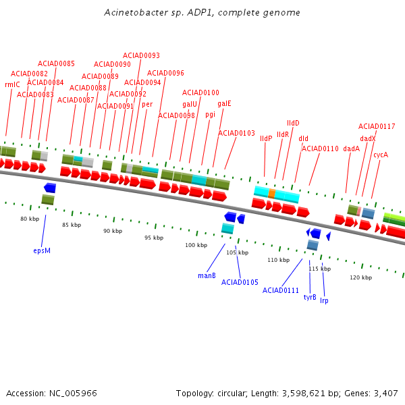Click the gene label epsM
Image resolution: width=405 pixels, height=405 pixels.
point(42,250)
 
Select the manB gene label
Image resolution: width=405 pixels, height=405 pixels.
point(207,275)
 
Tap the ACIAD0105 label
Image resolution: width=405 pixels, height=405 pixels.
point(240,282)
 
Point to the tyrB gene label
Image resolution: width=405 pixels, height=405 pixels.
point(310,297)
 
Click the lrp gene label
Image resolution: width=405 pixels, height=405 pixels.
point(325,300)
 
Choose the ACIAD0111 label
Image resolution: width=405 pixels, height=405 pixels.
point(281,290)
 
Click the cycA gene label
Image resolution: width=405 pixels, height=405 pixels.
point(381,155)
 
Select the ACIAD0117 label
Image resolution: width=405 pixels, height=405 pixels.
point(377,126)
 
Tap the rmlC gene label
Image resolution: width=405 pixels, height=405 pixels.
point(12,84)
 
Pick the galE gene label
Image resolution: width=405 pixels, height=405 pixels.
point(224,103)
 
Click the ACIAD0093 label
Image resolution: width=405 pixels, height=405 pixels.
point(141,55)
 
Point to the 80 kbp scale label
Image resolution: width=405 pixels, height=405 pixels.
point(30,219)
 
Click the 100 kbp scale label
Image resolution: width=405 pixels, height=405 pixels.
point(196,245)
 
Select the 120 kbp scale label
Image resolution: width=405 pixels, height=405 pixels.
point(360,277)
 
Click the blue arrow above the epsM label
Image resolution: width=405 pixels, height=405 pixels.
point(49,188)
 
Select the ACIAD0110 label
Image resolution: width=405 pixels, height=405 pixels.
point(320,148)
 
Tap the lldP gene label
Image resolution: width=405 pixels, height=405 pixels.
point(266,138)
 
